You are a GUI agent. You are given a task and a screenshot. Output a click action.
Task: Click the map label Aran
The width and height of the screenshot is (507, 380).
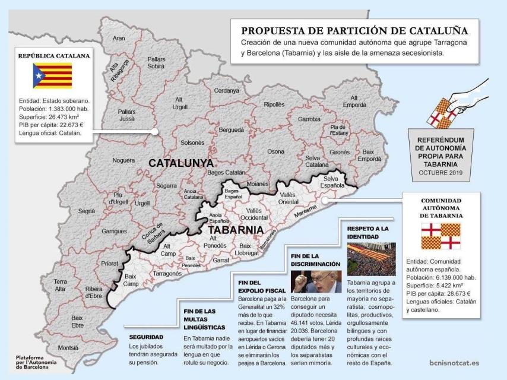click(119, 38)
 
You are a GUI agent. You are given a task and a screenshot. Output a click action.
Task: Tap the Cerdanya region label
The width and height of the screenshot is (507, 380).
click(227, 90)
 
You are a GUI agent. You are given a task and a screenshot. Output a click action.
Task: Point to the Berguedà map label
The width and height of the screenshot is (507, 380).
click(232, 129)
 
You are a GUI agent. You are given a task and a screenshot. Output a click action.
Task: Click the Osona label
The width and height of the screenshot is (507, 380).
click(275, 152)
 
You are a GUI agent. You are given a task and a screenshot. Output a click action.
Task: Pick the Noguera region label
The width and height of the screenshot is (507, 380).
click(123, 160)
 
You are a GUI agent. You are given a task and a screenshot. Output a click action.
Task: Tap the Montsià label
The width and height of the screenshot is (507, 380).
click(68, 347)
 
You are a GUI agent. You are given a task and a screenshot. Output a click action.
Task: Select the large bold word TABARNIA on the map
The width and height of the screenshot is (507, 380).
click(236, 229)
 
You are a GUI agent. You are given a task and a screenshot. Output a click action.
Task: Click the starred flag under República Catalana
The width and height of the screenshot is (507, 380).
click(52, 76)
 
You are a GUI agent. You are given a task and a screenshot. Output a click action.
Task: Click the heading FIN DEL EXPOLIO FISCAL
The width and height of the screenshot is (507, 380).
click(257, 287)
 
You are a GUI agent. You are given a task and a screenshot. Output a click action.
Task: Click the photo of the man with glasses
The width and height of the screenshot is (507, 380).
click(316, 281)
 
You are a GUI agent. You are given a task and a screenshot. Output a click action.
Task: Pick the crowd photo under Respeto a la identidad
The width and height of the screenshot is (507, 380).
click(371, 259)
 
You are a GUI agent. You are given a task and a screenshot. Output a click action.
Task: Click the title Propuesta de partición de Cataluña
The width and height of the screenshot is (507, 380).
click(354, 31)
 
